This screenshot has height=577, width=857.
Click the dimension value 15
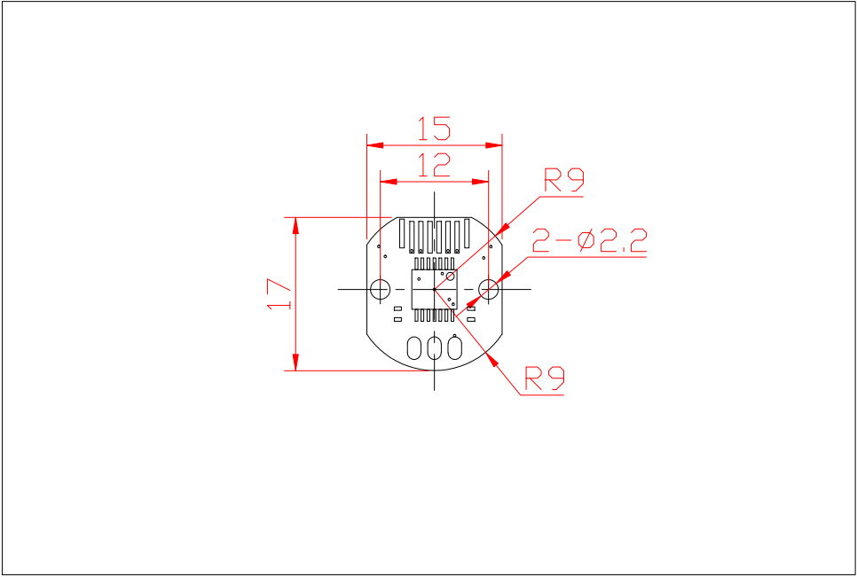click(x=434, y=129)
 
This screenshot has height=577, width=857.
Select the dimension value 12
click(x=434, y=165)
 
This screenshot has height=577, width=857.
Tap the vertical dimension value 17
click(x=279, y=293)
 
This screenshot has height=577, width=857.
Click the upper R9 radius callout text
click(x=564, y=180)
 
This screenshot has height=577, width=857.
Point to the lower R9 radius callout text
click(x=545, y=378)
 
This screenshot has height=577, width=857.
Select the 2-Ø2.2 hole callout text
click(x=590, y=241)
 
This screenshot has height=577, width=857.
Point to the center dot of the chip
click(x=435, y=289)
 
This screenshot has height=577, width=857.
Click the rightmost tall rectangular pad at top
click(x=467, y=234)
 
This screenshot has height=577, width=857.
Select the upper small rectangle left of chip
click(x=397, y=309)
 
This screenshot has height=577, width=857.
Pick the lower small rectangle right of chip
click(x=471, y=319)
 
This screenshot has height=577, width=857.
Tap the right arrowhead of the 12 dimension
click(x=480, y=181)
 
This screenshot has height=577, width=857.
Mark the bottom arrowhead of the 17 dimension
click(x=295, y=362)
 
